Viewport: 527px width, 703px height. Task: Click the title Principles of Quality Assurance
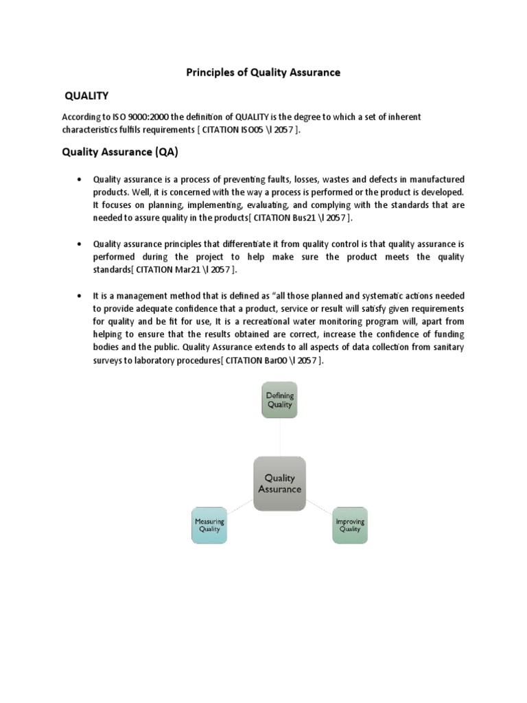tap(263, 72)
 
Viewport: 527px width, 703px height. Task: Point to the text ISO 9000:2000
tap(137, 117)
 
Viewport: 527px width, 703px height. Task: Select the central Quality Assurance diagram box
tap(279, 483)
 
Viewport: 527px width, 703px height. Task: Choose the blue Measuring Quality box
tap(209, 525)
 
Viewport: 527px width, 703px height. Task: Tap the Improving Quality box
tap(350, 525)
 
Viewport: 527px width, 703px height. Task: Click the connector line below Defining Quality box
tap(279, 435)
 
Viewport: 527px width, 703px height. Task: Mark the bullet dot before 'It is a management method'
tap(81, 295)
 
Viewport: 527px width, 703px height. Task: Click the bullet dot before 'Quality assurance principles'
tap(81, 243)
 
